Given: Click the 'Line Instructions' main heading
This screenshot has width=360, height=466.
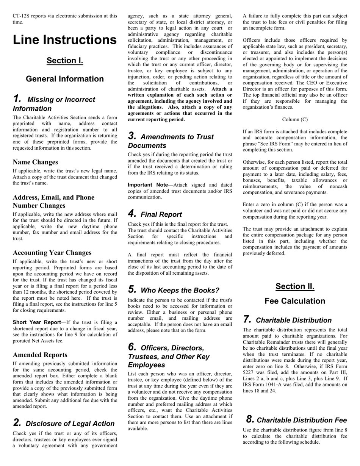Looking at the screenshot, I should pos(65,40).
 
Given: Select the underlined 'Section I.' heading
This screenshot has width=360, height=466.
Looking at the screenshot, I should pos(65,61).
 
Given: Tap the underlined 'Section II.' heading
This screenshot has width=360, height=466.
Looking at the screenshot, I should pos(295,286).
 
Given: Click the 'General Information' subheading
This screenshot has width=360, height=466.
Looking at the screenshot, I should pos(65,79).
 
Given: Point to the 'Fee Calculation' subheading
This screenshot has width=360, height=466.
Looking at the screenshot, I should pos(295,301).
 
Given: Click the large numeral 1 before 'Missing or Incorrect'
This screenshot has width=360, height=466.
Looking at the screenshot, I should pos(17,99).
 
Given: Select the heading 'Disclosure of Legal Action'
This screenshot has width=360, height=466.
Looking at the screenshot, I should pos(70,424).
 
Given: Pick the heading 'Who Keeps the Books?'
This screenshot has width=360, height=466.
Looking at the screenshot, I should pos(180,291).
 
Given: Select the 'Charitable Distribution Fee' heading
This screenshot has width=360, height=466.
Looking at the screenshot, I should pos(302,420).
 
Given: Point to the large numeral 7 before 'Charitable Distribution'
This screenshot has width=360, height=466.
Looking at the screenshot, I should pos(247,319).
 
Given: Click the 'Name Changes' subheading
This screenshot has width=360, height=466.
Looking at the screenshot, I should pos(35,162).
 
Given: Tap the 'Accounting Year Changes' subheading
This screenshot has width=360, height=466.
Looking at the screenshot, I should pos(52,253).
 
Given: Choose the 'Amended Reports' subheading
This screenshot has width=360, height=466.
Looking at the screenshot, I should pos(40,355).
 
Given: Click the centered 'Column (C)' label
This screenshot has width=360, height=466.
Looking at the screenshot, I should pos(295,120).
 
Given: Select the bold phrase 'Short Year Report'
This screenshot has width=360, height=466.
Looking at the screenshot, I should pos(37,322).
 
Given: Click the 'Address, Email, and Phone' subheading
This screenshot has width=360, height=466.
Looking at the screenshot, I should pos(53,197).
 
